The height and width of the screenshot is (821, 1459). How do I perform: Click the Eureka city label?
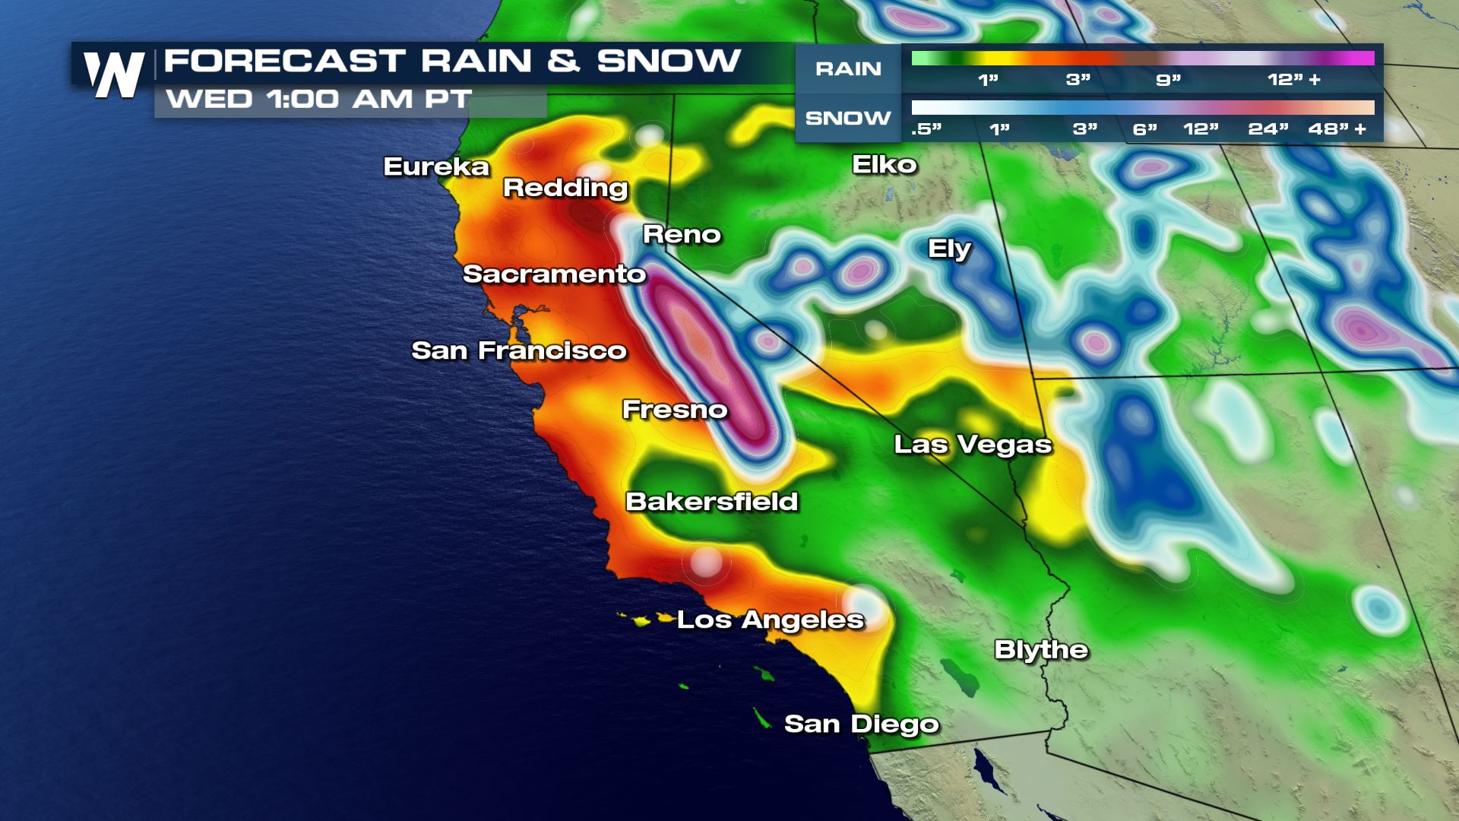pyautogui.click(x=436, y=166)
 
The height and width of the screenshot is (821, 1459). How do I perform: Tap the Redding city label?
pyautogui.click(x=565, y=188)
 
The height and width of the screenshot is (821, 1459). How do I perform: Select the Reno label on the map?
pyautogui.click(x=682, y=234)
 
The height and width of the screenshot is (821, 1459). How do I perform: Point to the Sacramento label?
pyautogui.click(x=554, y=274)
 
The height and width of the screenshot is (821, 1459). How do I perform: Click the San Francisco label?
pyautogui.click(x=519, y=350)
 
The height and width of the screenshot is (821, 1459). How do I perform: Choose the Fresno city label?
pyautogui.click(x=675, y=410)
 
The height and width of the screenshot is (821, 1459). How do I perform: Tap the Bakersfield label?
pyautogui.click(x=711, y=502)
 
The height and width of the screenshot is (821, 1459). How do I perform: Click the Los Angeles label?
pyautogui.click(x=770, y=620)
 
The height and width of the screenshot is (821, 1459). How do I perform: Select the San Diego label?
pyautogui.click(x=861, y=724)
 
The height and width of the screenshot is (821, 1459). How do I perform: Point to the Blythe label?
pyautogui.click(x=1041, y=650)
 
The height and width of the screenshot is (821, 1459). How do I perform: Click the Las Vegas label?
pyautogui.click(x=973, y=444)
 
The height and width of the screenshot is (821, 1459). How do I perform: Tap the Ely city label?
pyautogui.click(x=949, y=249)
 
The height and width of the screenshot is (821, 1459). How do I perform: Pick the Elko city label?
pyautogui.click(x=885, y=164)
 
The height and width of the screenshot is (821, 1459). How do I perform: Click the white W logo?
pyautogui.click(x=114, y=74)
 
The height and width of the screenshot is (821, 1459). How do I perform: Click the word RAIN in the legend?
pyautogui.click(x=848, y=69)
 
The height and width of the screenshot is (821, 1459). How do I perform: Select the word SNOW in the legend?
pyautogui.click(x=848, y=119)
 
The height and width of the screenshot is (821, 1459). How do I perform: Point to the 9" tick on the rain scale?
pyautogui.click(x=1168, y=79)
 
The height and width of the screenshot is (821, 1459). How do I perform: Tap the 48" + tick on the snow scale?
pyautogui.click(x=1337, y=128)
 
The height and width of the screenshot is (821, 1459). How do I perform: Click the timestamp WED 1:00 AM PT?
pyautogui.click(x=319, y=100)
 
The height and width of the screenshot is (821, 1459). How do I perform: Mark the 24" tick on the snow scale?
pyautogui.click(x=1268, y=128)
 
